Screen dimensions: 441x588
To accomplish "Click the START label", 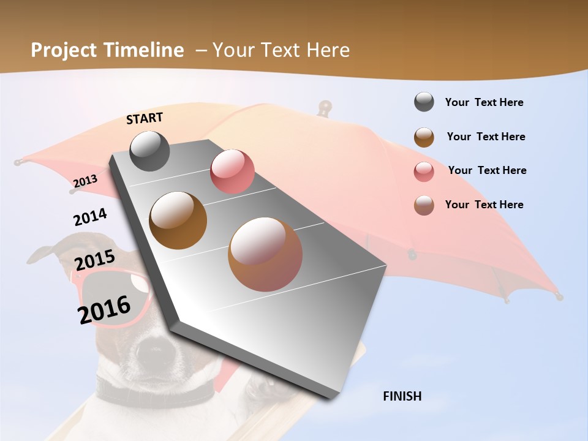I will click(x=145, y=118).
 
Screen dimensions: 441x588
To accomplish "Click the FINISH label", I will click(x=402, y=396).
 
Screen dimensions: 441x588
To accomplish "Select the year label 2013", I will click(x=85, y=181).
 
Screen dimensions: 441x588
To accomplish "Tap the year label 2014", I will click(x=90, y=217).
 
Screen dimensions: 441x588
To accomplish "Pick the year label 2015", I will click(x=95, y=261).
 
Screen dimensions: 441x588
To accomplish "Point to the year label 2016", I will click(x=104, y=309).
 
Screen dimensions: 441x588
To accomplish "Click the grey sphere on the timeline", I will click(x=149, y=151).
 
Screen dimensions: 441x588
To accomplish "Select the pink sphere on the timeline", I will click(x=232, y=171).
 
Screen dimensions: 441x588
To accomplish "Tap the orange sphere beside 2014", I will click(x=178, y=221).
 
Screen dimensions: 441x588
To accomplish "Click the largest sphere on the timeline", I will click(x=265, y=254).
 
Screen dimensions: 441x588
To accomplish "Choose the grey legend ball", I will click(x=424, y=102).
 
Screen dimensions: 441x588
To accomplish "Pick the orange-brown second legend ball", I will click(x=424, y=137).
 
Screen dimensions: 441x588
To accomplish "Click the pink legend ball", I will click(x=424, y=171).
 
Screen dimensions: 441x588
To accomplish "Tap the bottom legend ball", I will click(x=424, y=205).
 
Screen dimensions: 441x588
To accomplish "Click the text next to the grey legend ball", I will click(x=484, y=102).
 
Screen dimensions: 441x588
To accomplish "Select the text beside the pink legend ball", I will click(x=487, y=170).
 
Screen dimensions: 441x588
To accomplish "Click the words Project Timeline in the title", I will click(x=107, y=50).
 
